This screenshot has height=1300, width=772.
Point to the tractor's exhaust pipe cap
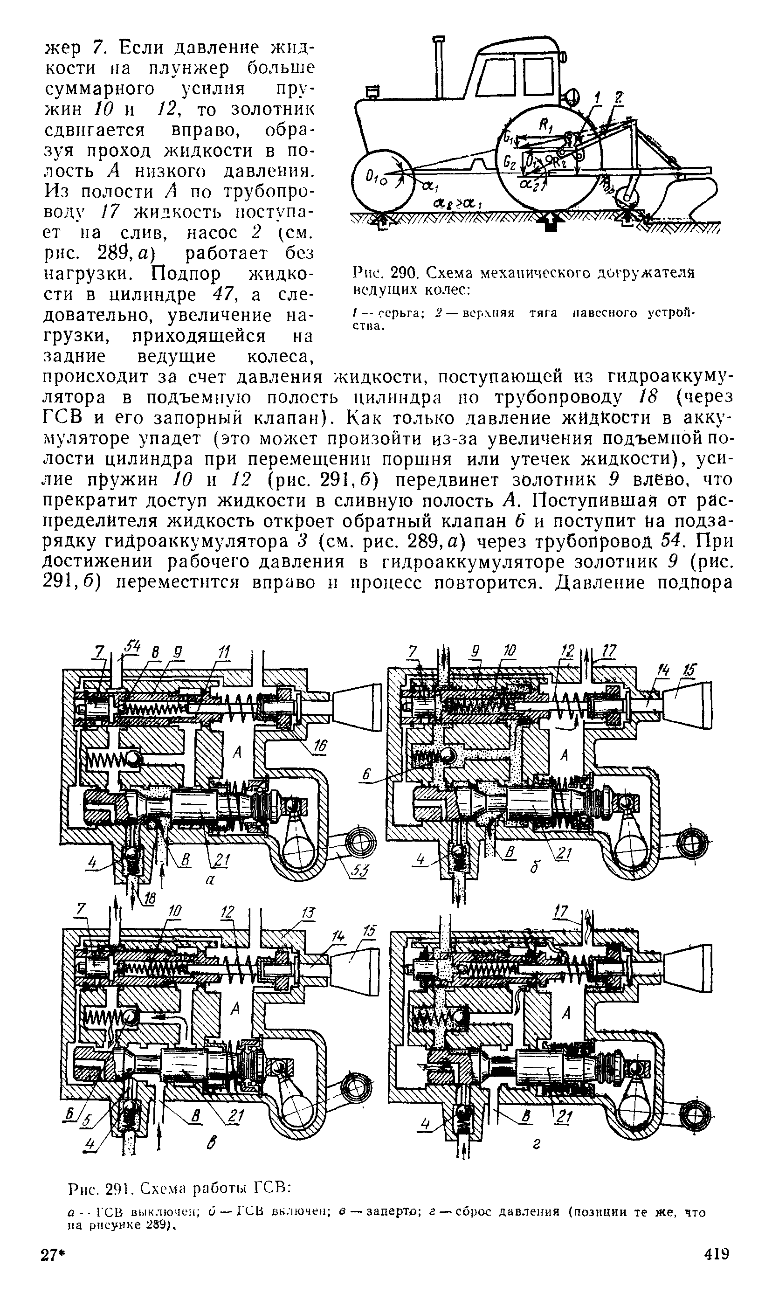[440, 39]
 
